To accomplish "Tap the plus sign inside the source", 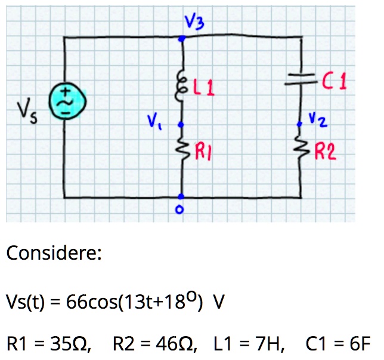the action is point(66,91).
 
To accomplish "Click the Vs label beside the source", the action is point(27,110).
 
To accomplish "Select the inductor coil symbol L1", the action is point(181,85).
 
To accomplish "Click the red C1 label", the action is point(335,81).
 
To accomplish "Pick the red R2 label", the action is point(325,151).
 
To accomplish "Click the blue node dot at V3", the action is point(182,38).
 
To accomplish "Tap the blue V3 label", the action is point(194,22).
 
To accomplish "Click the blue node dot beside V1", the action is point(181,125).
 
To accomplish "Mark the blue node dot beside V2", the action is point(299,124).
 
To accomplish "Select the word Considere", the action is point(54,253).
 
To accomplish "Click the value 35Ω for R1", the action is point(70,343).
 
